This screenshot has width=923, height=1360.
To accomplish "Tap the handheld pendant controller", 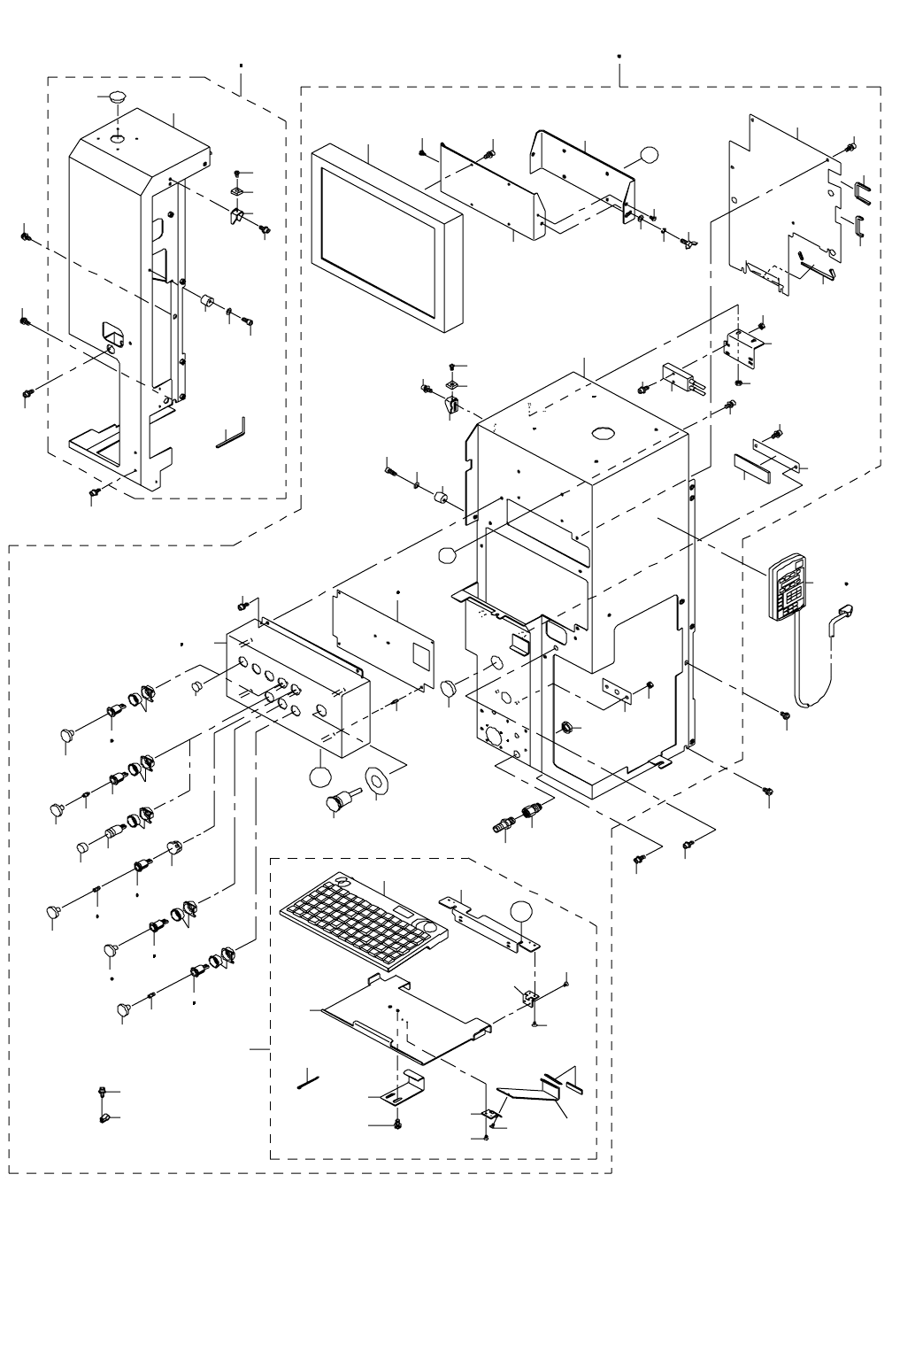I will click(x=790, y=587).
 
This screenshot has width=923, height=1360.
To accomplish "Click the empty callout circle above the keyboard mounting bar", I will click(x=523, y=912).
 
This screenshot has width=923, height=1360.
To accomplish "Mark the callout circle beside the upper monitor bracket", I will click(x=650, y=155).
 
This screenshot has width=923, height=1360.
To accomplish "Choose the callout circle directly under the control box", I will click(x=319, y=777).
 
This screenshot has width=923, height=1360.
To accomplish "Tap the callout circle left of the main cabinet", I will click(x=448, y=555).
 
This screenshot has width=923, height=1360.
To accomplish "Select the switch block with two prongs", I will click(x=685, y=381).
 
